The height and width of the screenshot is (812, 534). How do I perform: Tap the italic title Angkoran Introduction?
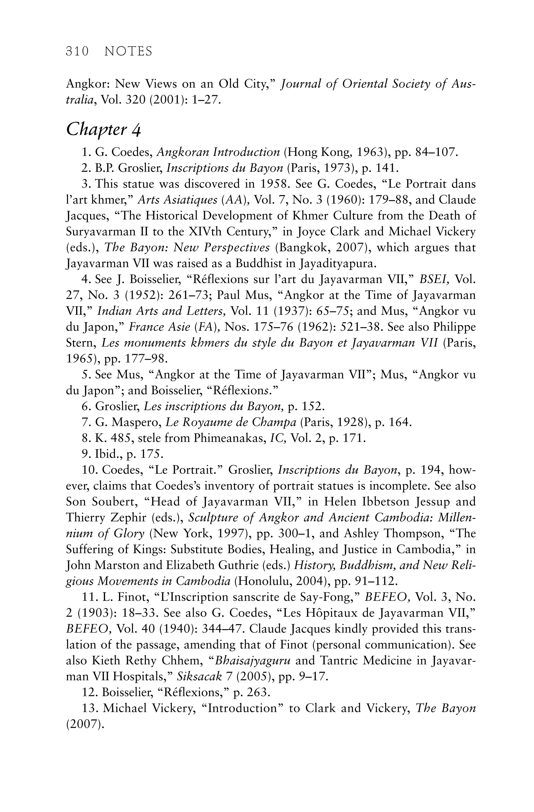218,152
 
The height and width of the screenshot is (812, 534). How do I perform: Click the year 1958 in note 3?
275,184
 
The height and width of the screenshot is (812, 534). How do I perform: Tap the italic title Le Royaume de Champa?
231,422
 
